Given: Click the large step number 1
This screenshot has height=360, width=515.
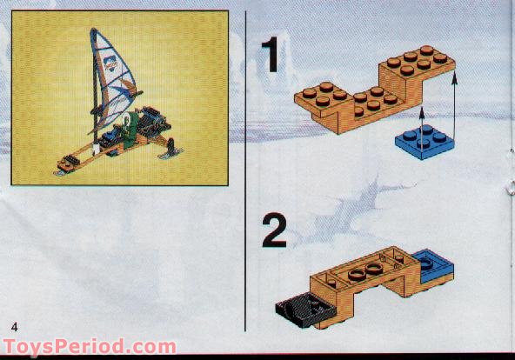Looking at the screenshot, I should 272,55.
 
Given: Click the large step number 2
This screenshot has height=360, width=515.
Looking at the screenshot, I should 273,231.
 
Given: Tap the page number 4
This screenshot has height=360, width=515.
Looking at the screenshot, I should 15,325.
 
